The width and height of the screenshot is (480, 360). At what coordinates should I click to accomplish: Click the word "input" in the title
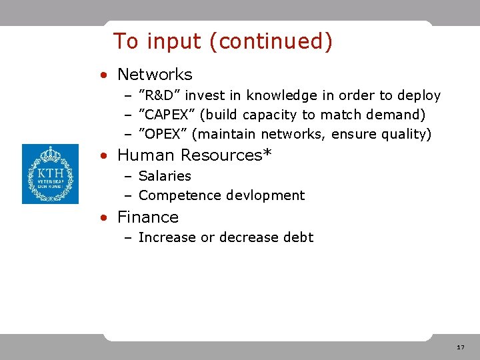[x=174, y=41]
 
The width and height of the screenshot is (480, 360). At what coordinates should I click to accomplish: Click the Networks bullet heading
[x=154, y=75]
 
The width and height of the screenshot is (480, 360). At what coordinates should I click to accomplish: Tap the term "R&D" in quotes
[x=159, y=95]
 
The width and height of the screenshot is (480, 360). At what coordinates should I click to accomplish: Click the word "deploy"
[x=418, y=95]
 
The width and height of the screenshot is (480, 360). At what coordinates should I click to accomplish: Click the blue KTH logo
[x=50, y=174]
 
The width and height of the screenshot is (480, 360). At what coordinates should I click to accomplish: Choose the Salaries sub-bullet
[x=165, y=176]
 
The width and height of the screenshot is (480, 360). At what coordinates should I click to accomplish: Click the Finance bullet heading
[x=148, y=217]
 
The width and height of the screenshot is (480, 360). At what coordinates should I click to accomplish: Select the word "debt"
[x=299, y=237]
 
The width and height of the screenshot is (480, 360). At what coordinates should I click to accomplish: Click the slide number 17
[x=461, y=348]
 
